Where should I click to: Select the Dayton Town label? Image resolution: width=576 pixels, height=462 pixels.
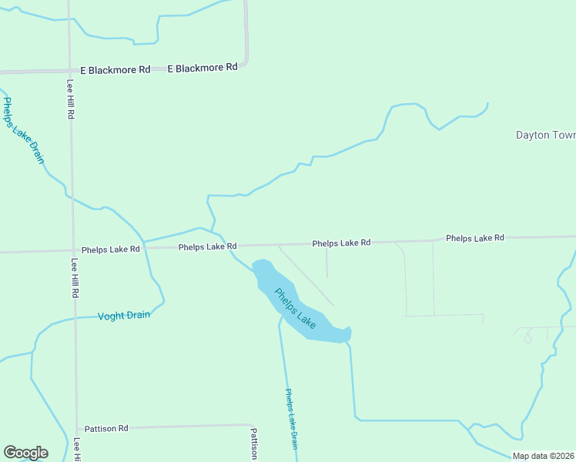(x=545, y=135)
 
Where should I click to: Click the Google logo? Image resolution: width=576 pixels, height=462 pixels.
(x=25, y=453)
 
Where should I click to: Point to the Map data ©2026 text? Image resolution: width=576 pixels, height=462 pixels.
(x=544, y=456)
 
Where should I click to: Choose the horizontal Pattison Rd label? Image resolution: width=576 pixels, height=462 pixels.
(x=106, y=428)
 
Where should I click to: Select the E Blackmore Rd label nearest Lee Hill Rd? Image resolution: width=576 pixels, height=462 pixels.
(x=115, y=70)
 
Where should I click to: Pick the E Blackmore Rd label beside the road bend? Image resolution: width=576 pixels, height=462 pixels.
(x=202, y=68)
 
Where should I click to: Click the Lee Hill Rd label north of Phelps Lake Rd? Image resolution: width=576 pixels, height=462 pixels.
(x=70, y=99)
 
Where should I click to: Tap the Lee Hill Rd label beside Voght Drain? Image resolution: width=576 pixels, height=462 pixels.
(x=75, y=277)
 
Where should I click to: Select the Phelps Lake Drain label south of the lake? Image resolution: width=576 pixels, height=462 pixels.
(x=291, y=418)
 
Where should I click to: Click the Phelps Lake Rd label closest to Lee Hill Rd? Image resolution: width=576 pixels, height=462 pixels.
(x=111, y=249)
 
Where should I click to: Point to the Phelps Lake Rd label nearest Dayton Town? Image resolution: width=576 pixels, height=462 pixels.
(x=474, y=238)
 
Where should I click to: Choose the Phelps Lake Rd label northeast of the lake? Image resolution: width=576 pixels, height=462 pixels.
(x=341, y=243)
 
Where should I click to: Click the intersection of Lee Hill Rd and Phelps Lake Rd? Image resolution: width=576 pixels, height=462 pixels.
(x=73, y=251)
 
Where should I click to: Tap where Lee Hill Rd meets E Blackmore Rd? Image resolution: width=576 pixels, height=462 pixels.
(x=69, y=71)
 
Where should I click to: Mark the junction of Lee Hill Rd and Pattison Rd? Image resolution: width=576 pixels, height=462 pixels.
(x=76, y=428)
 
